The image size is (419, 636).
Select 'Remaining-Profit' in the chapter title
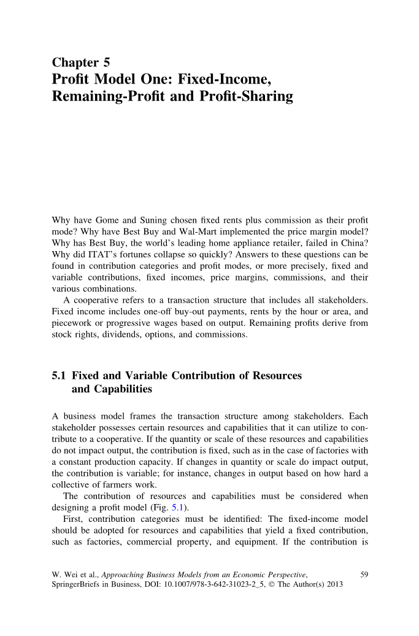[x=108, y=97]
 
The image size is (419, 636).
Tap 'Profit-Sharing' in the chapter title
[x=245, y=97]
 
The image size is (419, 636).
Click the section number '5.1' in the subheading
[x=60, y=376]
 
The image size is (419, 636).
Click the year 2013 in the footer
[x=334, y=584]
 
